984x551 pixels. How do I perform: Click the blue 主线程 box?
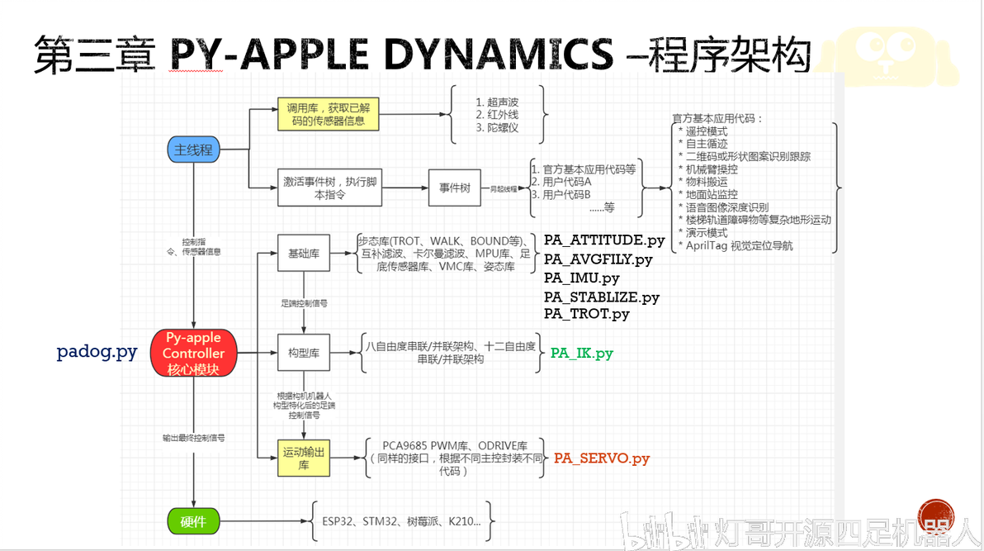[x=194, y=150]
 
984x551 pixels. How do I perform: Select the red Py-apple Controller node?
[x=193, y=354]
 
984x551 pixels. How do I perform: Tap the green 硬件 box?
[x=193, y=521]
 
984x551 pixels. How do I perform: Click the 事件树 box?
[x=453, y=188]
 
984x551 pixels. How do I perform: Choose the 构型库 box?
[x=304, y=354]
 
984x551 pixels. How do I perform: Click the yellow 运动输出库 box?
[x=304, y=458]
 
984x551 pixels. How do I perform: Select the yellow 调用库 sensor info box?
[x=328, y=115]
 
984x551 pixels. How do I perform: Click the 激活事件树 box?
[x=328, y=188]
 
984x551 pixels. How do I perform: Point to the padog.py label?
[x=97, y=352]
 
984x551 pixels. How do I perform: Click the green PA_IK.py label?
[x=582, y=354]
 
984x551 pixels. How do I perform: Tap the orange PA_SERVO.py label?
[x=602, y=458]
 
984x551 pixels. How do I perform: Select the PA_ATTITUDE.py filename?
[x=604, y=240]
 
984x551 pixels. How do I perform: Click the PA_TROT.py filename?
[x=586, y=314]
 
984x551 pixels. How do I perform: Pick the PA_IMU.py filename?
[x=581, y=278]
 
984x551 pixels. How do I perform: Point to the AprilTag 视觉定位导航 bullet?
[x=741, y=245]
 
